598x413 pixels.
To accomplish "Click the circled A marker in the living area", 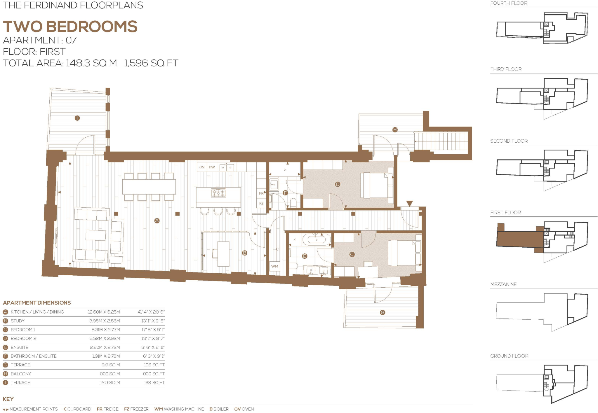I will pyautogui.click(x=157, y=220).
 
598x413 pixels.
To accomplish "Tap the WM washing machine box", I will pyautogui.click(x=274, y=266).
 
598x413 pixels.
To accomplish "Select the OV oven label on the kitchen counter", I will pyautogui.click(x=202, y=167).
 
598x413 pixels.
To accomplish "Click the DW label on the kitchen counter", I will pyautogui.click(x=212, y=167).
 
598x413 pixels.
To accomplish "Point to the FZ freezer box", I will pyautogui.click(x=261, y=204).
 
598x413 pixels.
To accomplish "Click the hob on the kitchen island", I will pyautogui.click(x=218, y=193).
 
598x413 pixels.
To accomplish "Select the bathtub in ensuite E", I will pyautogui.click(x=317, y=240).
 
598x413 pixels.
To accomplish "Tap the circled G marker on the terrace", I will pyautogui.click(x=383, y=312).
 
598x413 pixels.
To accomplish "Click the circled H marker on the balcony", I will pyautogui.click(x=395, y=129).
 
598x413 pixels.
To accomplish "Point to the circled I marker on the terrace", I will pyautogui.click(x=77, y=118).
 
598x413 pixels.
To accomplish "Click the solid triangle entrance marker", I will pyautogui.click(x=409, y=203).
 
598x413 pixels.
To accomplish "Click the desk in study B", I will pyautogui.click(x=223, y=254).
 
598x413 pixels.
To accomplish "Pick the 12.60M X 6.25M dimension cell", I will pyautogui.click(x=104, y=312).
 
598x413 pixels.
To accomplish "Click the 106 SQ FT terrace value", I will pyautogui.click(x=154, y=365).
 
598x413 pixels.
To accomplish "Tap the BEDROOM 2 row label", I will pyautogui.click(x=23, y=338).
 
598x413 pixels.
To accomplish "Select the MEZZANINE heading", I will pyautogui.click(x=503, y=284).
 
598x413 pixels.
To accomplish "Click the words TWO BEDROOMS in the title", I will pyautogui.click(x=70, y=27).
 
